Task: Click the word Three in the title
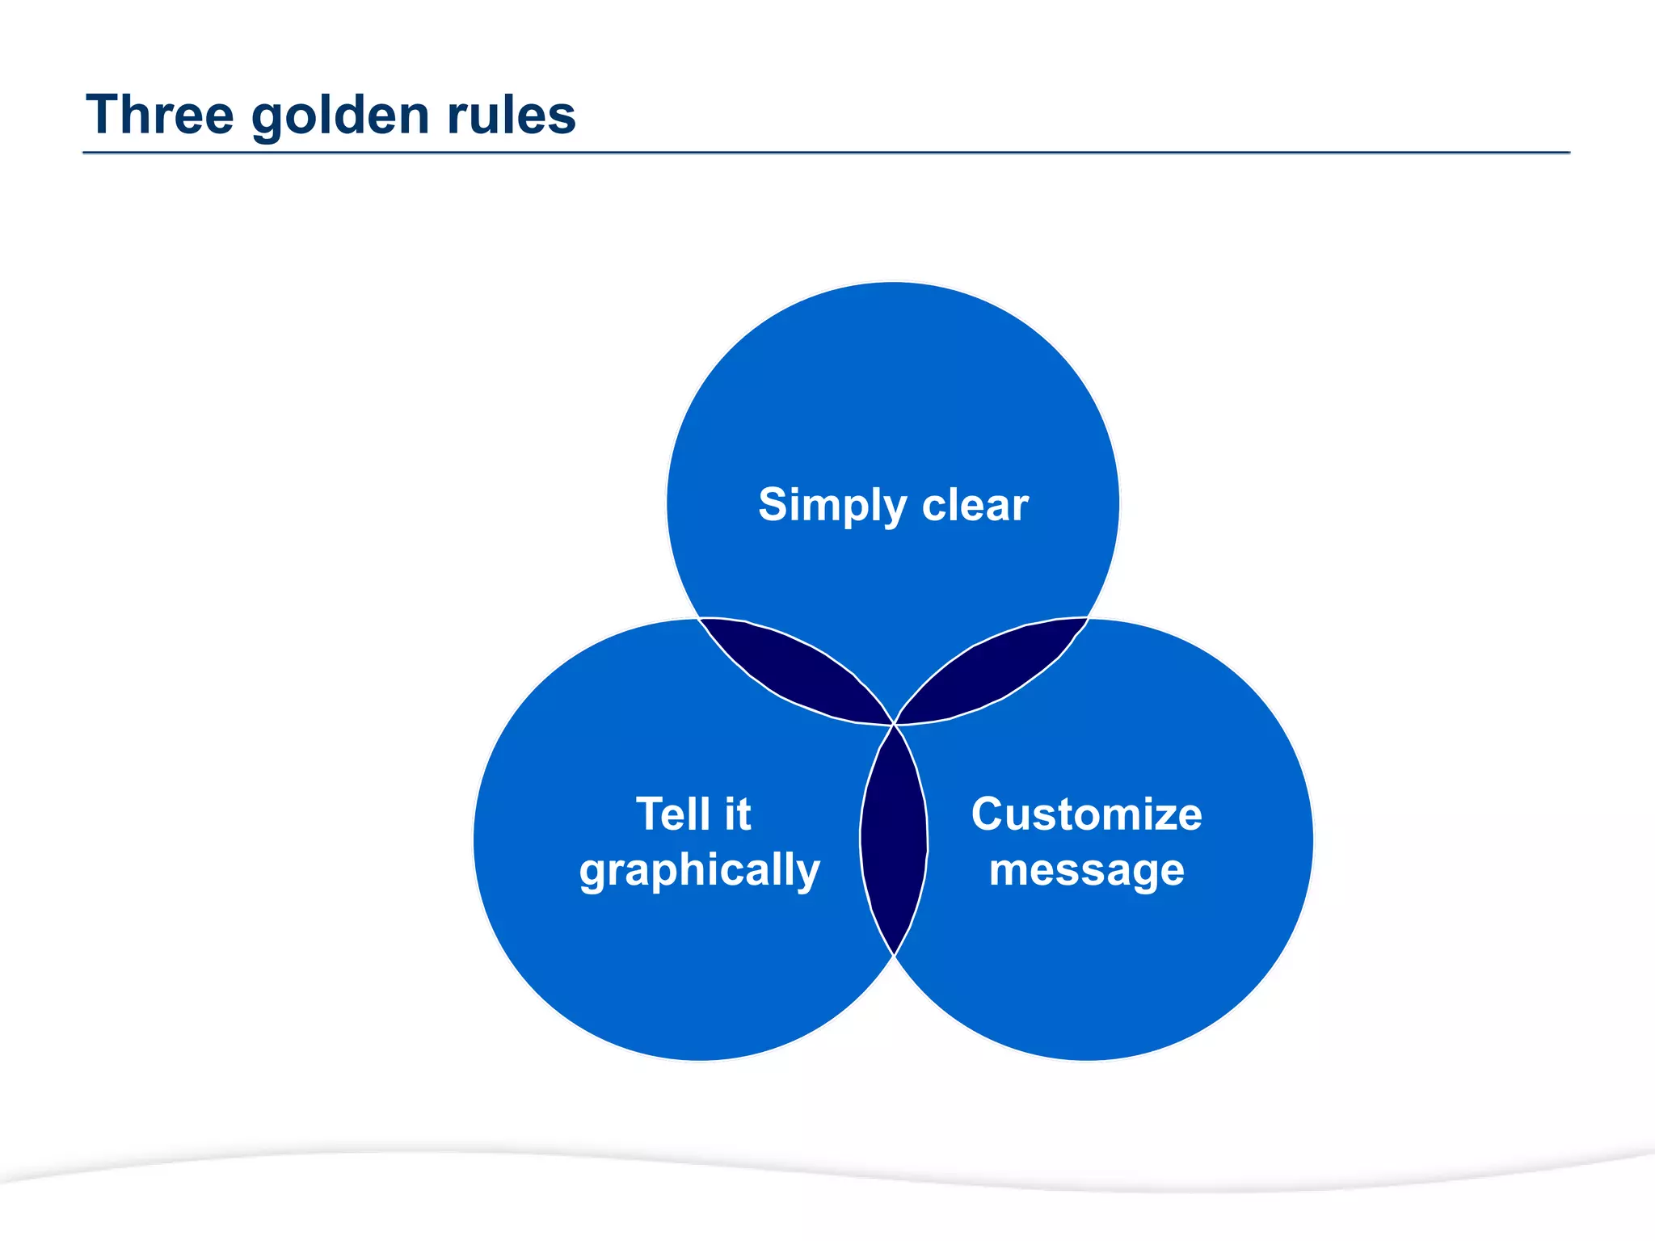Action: click(159, 115)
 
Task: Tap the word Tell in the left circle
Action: click(671, 814)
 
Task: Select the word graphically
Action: click(700, 871)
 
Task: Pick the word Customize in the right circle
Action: click(1086, 814)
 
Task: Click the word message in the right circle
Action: click(1086, 871)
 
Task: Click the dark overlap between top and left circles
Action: click(796, 669)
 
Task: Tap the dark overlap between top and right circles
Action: click(992, 669)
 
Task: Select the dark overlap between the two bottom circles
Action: click(894, 840)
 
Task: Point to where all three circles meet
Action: click(894, 725)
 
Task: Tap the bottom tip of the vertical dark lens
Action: click(894, 954)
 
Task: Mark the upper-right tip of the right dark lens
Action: click(1086, 620)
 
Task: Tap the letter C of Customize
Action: click(989, 814)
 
